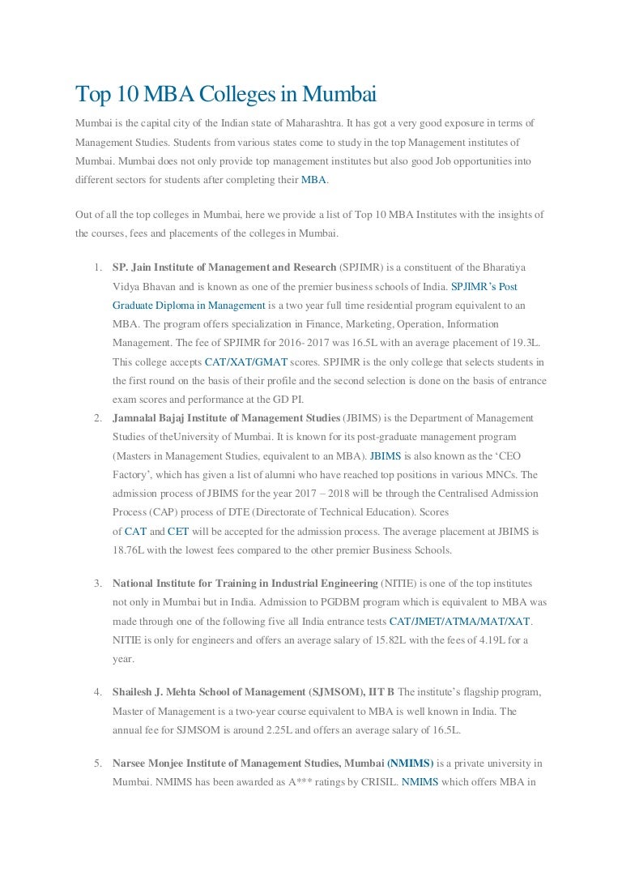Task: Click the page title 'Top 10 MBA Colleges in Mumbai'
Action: (226, 95)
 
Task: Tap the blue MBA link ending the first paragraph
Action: (314, 180)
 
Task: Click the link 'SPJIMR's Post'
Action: (484, 286)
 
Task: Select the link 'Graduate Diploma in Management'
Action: (189, 305)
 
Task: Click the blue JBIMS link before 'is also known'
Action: (386, 455)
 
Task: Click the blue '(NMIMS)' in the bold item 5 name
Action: (410, 763)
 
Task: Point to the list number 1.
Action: (96, 267)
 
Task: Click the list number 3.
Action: (96, 584)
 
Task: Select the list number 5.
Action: (96, 763)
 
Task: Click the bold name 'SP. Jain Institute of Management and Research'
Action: (224, 267)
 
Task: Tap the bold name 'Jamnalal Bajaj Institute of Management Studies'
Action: (226, 418)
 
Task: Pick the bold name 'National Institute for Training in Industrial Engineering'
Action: (245, 584)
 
